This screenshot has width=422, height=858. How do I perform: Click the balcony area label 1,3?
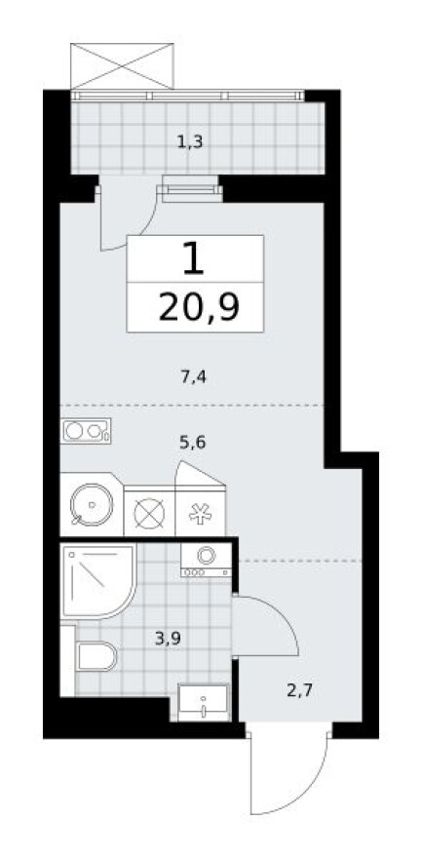189,142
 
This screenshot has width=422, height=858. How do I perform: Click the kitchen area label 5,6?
193,441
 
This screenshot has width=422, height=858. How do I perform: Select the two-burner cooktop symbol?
87,429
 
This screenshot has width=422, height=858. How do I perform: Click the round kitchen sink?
89,505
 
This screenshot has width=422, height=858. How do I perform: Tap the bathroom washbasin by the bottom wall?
203,702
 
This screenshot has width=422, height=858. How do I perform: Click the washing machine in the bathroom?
205,560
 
